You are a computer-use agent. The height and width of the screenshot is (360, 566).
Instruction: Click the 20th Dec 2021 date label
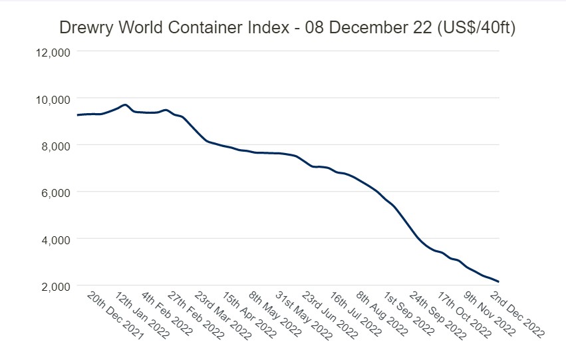114,315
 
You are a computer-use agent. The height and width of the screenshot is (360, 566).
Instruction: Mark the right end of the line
499,282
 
